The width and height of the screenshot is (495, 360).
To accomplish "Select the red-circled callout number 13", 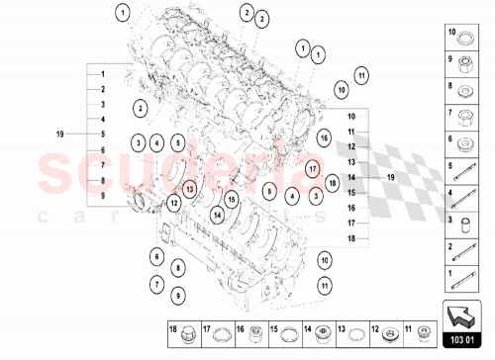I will click(190, 185).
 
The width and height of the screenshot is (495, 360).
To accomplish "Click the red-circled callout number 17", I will click(311, 169).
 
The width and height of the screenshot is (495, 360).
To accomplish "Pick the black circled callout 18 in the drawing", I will click(333, 183).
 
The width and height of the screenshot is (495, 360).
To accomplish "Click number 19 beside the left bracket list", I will click(59, 133).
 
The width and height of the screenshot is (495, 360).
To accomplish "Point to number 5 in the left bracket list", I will click(102, 134).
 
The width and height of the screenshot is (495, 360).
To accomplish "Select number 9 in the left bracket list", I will click(102, 196).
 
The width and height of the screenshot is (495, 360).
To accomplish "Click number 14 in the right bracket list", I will click(350, 176).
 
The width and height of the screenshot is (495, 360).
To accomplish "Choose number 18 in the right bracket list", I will click(350, 238).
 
